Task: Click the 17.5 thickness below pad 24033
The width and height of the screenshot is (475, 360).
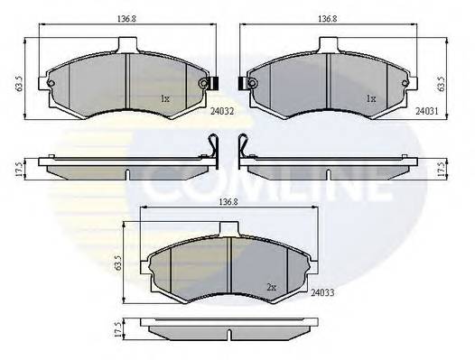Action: coord(117,329)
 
